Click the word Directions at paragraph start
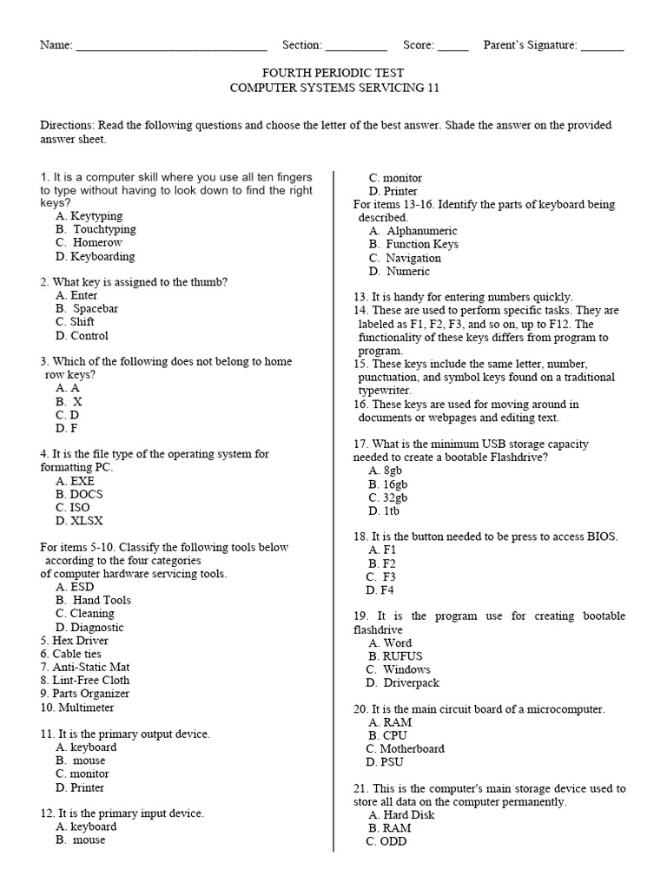point(68,125)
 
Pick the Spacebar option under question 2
point(95,308)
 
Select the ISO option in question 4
point(79,507)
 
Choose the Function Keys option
point(421,244)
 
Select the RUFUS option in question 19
point(401,656)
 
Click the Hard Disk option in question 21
point(408,814)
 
